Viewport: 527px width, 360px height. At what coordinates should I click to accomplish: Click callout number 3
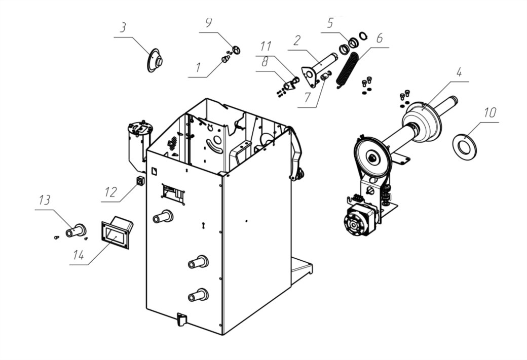pyautogui.click(x=123, y=27)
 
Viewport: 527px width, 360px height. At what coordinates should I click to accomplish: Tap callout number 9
pyautogui.click(x=208, y=23)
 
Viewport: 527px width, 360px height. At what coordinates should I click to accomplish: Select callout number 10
pyautogui.click(x=490, y=112)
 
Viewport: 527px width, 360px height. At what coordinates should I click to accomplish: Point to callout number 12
pyautogui.click(x=110, y=192)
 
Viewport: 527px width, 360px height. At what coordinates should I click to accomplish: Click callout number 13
pyautogui.click(x=45, y=200)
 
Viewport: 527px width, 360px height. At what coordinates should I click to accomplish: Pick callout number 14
pyautogui.click(x=79, y=255)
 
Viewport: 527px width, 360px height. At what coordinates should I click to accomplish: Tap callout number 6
pyautogui.click(x=379, y=38)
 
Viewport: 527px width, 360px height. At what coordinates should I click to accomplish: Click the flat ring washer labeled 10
pyautogui.click(x=465, y=146)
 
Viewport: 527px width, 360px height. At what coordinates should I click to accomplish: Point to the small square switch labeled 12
pyautogui.click(x=140, y=181)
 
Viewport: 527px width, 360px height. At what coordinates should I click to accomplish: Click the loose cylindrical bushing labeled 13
pyautogui.click(x=76, y=230)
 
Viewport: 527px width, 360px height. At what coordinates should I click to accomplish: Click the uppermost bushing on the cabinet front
pyautogui.click(x=163, y=216)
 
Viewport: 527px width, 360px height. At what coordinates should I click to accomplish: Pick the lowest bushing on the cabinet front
pyautogui.click(x=198, y=295)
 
